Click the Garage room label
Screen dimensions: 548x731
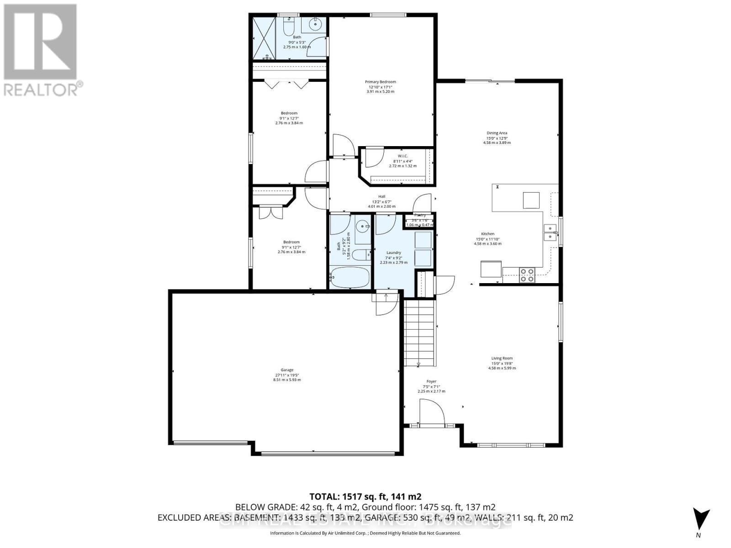pyautogui.click(x=287, y=370)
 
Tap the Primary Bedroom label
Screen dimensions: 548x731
pyautogui.click(x=380, y=82)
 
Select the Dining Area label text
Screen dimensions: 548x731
pyautogui.click(x=497, y=133)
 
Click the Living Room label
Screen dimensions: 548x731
pyautogui.click(x=502, y=358)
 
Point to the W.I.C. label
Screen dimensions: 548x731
pyautogui.click(x=403, y=156)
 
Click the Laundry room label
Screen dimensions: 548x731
pyautogui.click(x=393, y=253)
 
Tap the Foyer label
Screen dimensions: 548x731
pyautogui.click(x=431, y=381)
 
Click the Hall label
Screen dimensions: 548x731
pyautogui.click(x=381, y=197)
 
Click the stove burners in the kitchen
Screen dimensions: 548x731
pyautogui.click(x=527, y=274)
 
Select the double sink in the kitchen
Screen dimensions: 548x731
pyautogui.click(x=551, y=232)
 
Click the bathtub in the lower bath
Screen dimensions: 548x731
pyautogui.click(x=350, y=278)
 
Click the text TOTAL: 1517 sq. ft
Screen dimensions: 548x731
pyautogui.click(x=365, y=496)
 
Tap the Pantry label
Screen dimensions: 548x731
pyautogui.click(x=420, y=215)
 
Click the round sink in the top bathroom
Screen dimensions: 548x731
pyautogui.click(x=315, y=25)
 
